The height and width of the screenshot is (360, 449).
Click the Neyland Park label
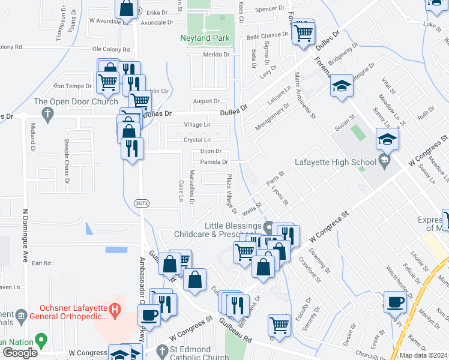(x=204, y=38)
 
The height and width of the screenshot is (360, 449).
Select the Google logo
(x=20, y=352)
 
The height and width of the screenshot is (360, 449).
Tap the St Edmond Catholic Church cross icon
(x=161, y=350)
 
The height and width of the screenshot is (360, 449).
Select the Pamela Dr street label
(x=214, y=162)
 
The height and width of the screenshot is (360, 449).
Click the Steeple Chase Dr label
(x=67, y=160)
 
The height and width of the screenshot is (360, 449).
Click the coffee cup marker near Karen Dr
(x=396, y=303)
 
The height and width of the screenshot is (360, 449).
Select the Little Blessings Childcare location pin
(x=268, y=227)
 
